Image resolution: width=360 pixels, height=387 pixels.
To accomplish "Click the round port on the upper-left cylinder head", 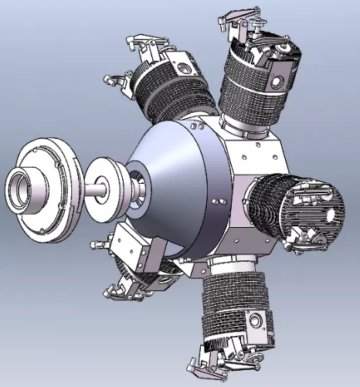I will (183, 69).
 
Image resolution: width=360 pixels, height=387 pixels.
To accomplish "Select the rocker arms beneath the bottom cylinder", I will (224, 359).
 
